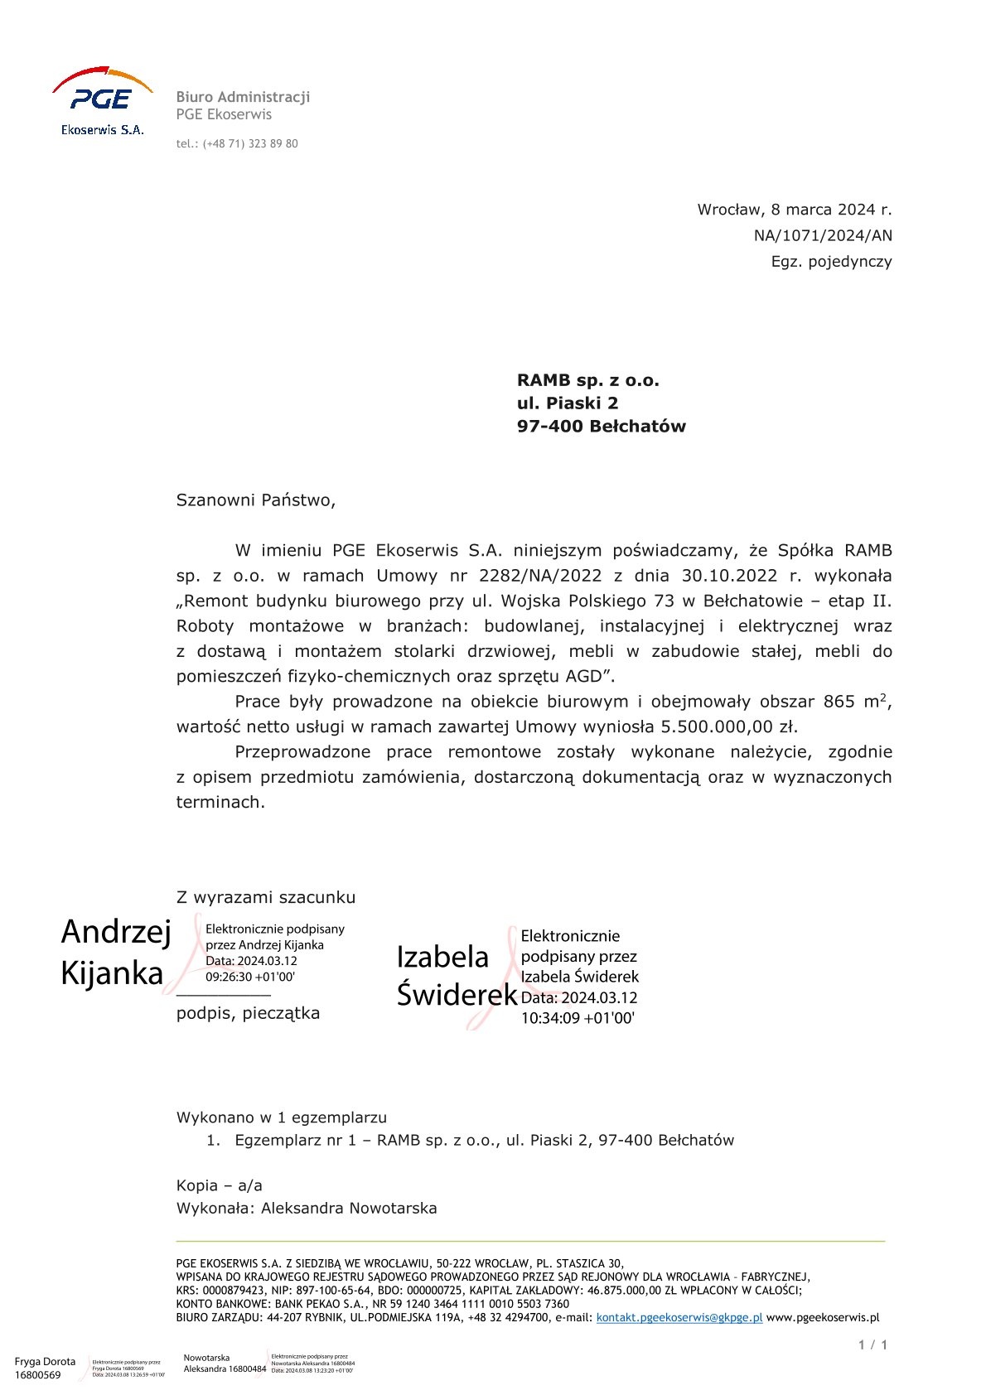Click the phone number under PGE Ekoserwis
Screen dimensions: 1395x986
click(237, 144)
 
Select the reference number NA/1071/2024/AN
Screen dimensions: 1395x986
click(823, 236)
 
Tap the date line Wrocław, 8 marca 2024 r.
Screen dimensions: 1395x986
click(794, 210)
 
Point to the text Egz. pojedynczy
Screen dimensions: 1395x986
click(831, 262)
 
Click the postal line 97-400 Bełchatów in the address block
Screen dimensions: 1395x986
click(601, 427)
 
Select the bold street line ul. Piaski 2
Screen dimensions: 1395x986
click(568, 403)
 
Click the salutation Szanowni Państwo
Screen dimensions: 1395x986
click(255, 500)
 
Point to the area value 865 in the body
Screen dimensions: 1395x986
click(839, 702)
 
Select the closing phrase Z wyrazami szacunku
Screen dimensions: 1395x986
click(266, 897)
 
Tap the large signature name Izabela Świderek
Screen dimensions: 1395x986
click(455, 975)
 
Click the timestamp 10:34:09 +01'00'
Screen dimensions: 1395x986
click(578, 1019)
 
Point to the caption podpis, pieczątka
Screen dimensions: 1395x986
click(248, 1013)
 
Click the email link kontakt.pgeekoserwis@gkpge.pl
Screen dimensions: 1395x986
click(679, 1317)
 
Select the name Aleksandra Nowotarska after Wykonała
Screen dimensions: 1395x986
click(349, 1208)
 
